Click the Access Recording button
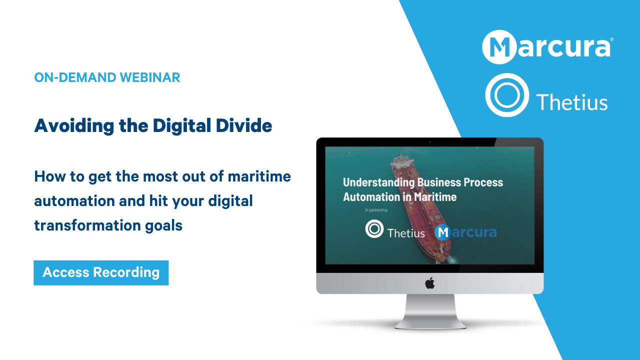coord(101,273)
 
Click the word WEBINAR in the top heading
coord(150,77)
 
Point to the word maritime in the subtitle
coord(259,176)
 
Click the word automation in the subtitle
coord(74,201)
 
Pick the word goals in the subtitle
coord(163,225)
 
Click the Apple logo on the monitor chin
coord(429,283)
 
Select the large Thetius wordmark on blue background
coord(571,102)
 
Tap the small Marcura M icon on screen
coord(443,232)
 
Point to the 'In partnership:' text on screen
coord(376,210)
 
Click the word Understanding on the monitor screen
coord(378,182)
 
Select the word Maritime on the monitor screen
coord(435,197)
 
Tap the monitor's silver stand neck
coord(430,308)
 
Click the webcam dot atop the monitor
coord(430,142)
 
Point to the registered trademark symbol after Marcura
coord(611,39)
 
